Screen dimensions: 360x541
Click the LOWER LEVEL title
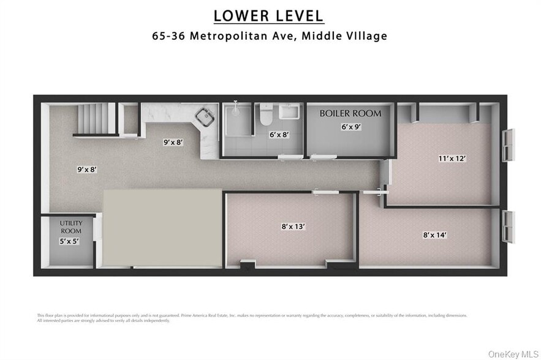pos(269,15)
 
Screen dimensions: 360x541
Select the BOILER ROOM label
pos(350,113)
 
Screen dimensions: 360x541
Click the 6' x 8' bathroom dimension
pos(279,135)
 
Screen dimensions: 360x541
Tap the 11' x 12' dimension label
pos(452,158)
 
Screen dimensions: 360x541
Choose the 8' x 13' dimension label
pos(293,226)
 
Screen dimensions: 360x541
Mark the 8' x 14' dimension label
pos(435,234)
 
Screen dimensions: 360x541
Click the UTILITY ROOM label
pos(70,227)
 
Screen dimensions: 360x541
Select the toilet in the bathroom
pos(265,114)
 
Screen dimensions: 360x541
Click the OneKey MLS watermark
pos(513,353)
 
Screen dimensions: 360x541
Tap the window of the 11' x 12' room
pos(507,145)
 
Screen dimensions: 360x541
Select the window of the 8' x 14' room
pos(507,227)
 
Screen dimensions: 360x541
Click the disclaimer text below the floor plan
pos(251,318)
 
